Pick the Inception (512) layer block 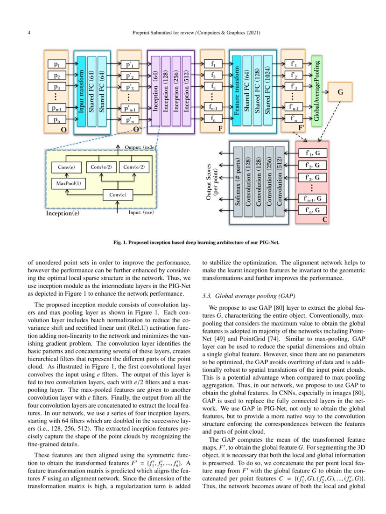pos(187,90)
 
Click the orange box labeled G pos(340,92)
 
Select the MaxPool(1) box pos(69,183)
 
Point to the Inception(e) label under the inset pos(63,214)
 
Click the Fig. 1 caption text pos(193,243)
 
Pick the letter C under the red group pos(325,219)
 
